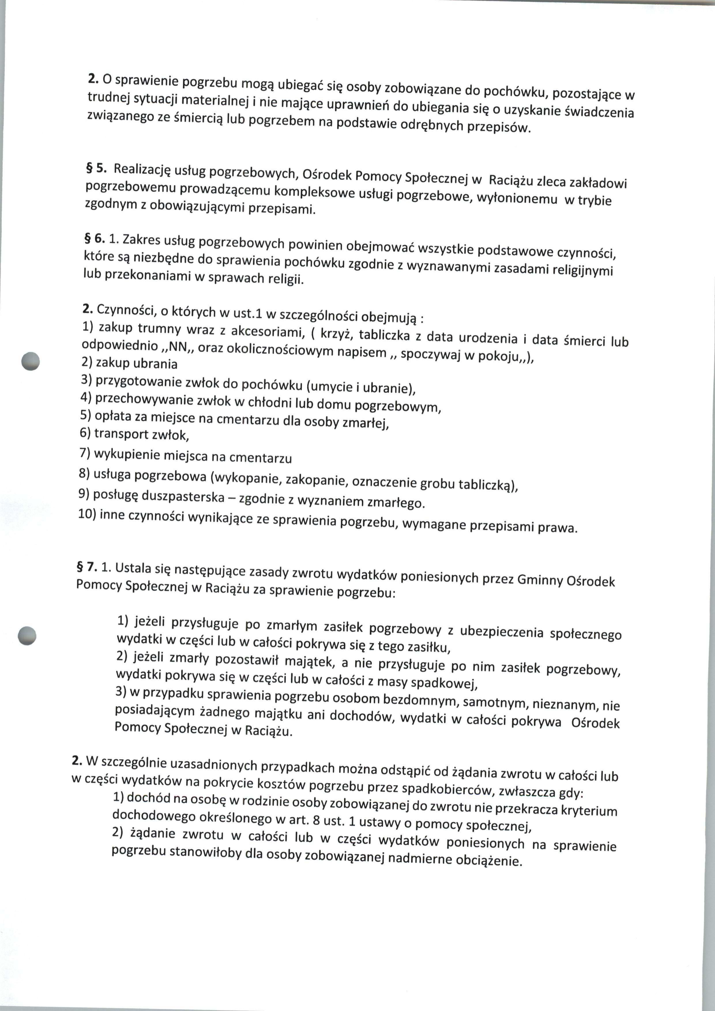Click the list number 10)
[x=87, y=514]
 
